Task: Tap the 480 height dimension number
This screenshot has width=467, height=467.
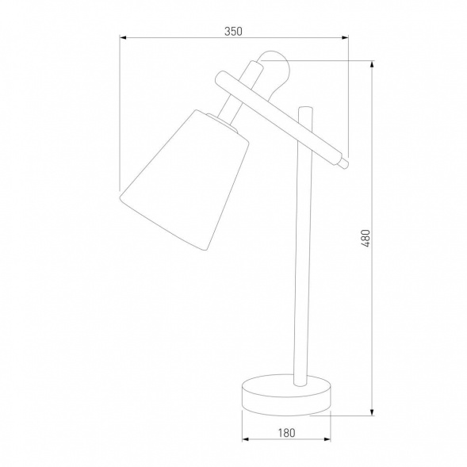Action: (366, 238)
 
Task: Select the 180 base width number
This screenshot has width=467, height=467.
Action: (286, 432)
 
